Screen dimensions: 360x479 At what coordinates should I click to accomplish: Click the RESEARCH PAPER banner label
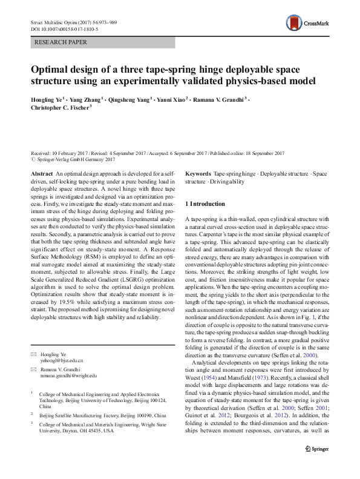coord(62,42)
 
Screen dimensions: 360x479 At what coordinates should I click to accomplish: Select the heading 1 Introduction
coord(208,204)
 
